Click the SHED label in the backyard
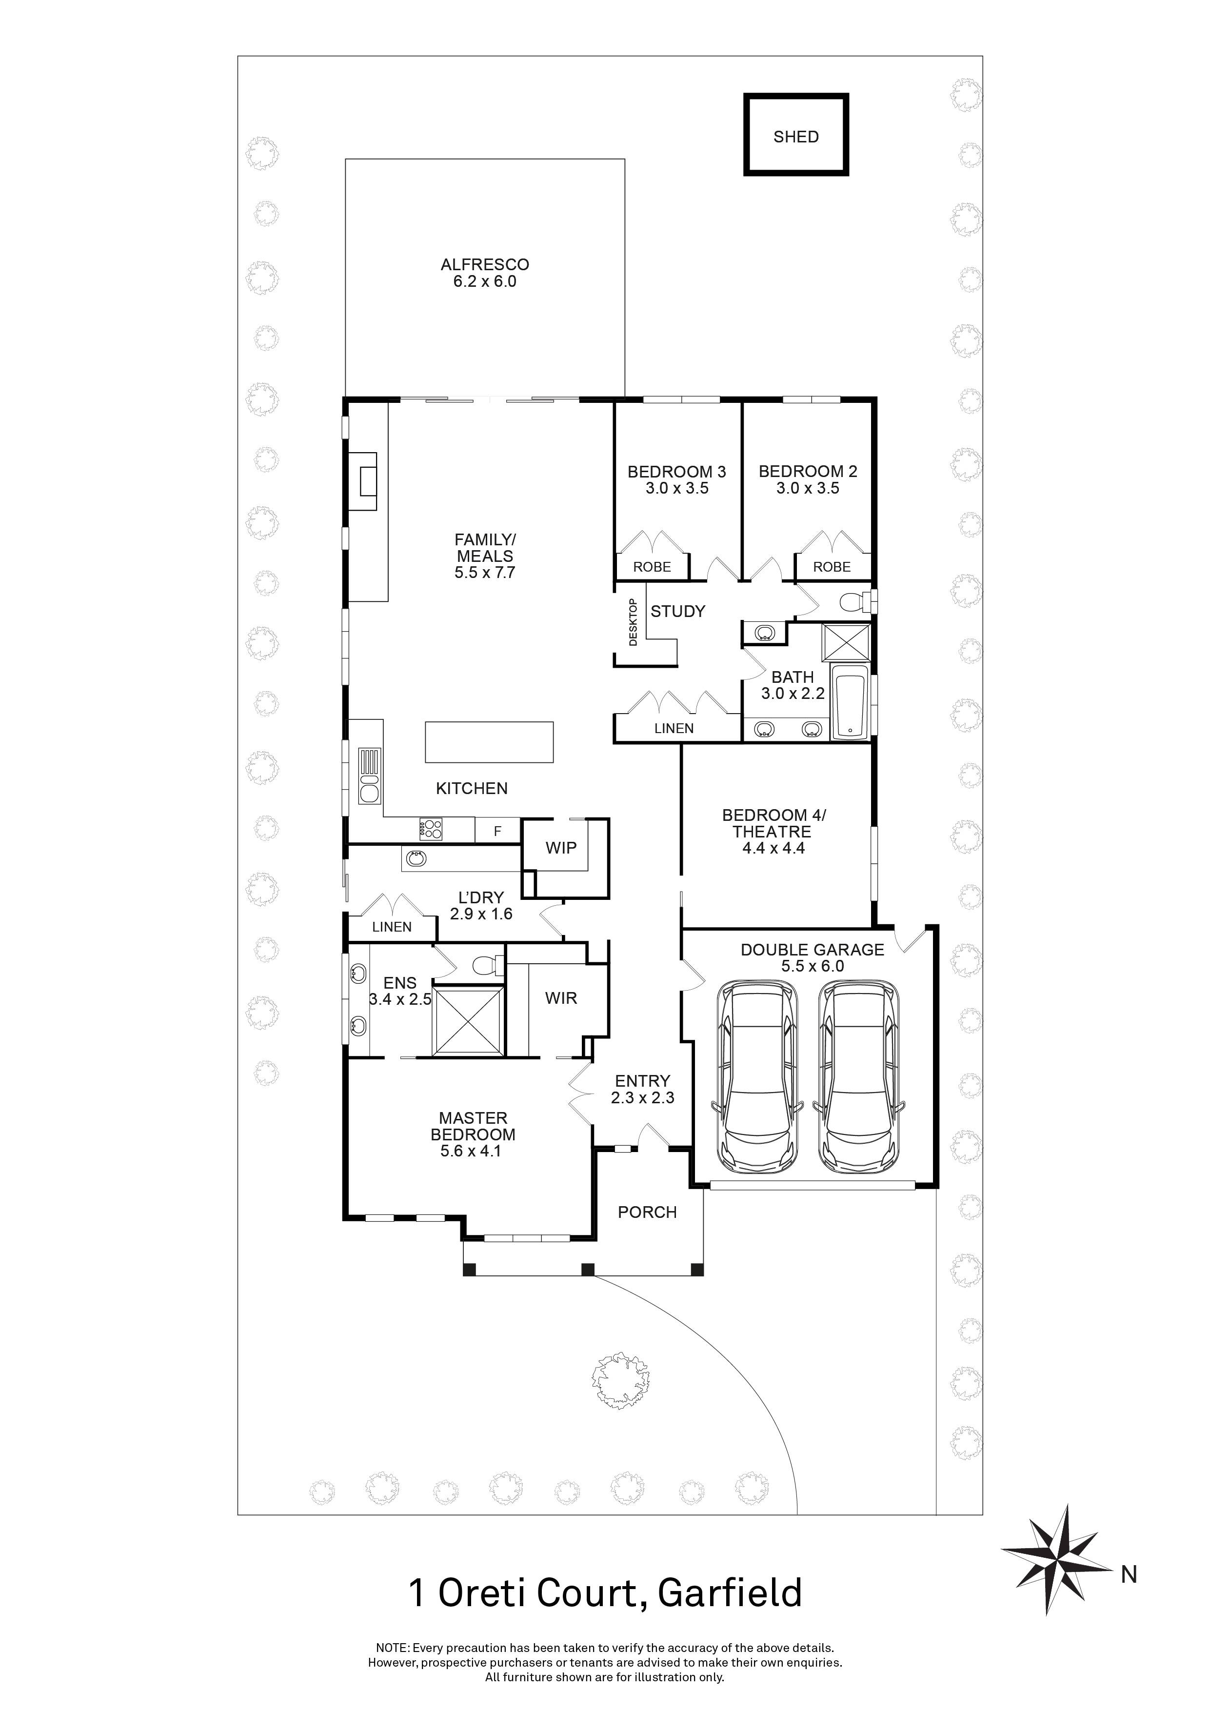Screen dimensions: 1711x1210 coord(796,137)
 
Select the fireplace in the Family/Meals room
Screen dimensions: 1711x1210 coord(367,480)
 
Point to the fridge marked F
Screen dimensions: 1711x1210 coord(497,832)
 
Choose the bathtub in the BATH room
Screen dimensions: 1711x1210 coord(849,705)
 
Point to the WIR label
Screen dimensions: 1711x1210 coord(560,998)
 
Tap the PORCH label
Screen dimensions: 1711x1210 coord(647,1213)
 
